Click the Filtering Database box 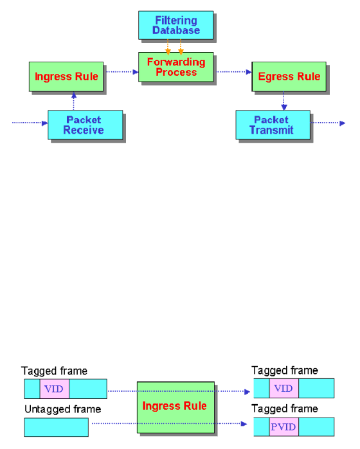click(175, 25)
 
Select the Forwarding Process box click(175, 67)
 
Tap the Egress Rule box click(289, 76)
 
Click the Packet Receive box click(85, 125)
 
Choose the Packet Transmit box click(273, 125)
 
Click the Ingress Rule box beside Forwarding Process click(66, 76)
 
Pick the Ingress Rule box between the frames click(175, 407)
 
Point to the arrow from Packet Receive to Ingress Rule click(74, 101)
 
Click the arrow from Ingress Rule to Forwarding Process click(122, 71)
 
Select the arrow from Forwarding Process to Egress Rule click(234, 71)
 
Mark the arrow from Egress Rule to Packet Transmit click(283, 101)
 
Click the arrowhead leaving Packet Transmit click(342, 123)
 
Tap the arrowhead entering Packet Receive click(45, 123)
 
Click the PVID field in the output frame click(283, 427)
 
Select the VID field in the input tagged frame click(55, 389)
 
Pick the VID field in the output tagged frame click(283, 388)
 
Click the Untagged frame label click(63, 409)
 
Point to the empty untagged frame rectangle click(56, 427)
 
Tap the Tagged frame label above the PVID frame click(285, 409)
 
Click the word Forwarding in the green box click(176, 62)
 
